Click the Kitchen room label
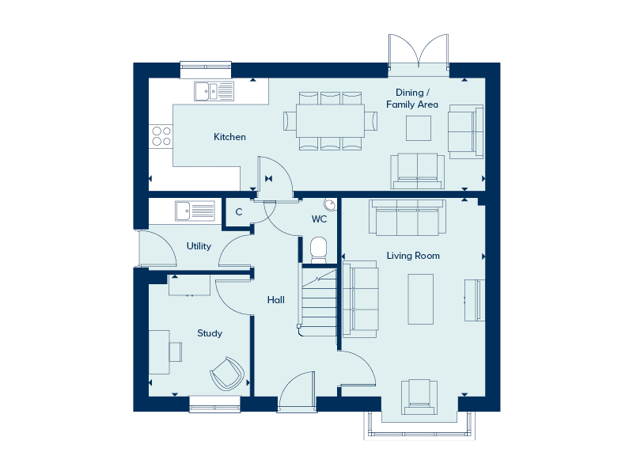point(229,137)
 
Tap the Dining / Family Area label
point(412,98)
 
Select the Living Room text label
point(413,256)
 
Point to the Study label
point(210,333)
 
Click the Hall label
point(275,300)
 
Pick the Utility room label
point(199,246)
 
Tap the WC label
point(319,219)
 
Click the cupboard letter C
point(239,211)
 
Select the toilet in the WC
point(319,250)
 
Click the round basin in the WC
point(330,204)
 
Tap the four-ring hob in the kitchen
point(161,136)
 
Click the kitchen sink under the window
point(214,91)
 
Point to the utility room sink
point(195,211)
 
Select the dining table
point(330,121)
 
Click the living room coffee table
point(421,299)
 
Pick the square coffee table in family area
point(419,128)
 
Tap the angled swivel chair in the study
point(227,374)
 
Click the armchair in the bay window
point(419,397)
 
